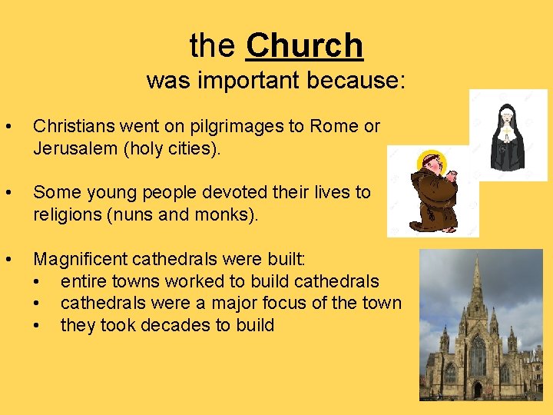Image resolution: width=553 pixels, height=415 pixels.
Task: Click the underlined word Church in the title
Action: [x=304, y=46]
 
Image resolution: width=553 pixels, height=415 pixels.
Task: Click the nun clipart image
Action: [x=508, y=135]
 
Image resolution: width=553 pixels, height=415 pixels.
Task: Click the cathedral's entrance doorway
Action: [x=477, y=390]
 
